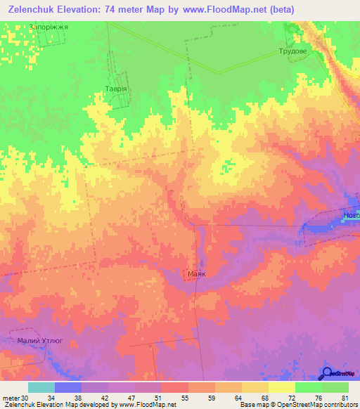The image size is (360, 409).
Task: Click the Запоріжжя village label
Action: [x=49, y=27]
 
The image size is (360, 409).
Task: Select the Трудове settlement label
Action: [x=293, y=51]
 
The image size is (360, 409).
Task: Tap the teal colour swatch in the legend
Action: [x=41, y=387]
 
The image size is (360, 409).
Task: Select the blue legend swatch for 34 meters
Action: [x=68, y=387]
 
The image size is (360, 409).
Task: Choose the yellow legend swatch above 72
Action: [x=282, y=387]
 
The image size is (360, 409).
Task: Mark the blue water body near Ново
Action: [x=325, y=225]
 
